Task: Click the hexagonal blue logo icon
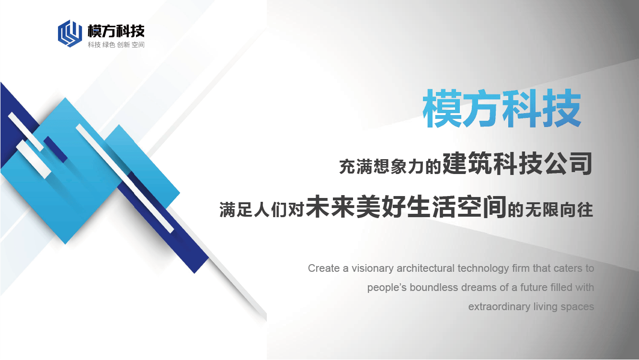click(x=69, y=34)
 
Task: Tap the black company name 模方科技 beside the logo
click(x=116, y=31)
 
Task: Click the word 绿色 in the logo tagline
click(x=108, y=45)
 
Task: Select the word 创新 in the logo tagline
click(x=123, y=45)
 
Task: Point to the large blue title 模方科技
click(x=502, y=108)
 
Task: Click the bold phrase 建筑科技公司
click(x=517, y=163)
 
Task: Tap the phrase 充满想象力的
click(x=390, y=167)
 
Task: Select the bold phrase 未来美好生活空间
click(x=406, y=207)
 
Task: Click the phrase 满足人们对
click(x=262, y=209)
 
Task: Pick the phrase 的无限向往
click(x=550, y=209)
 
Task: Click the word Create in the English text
click(x=324, y=268)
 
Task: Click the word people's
click(x=387, y=288)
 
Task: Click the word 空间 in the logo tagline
click(x=138, y=45)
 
